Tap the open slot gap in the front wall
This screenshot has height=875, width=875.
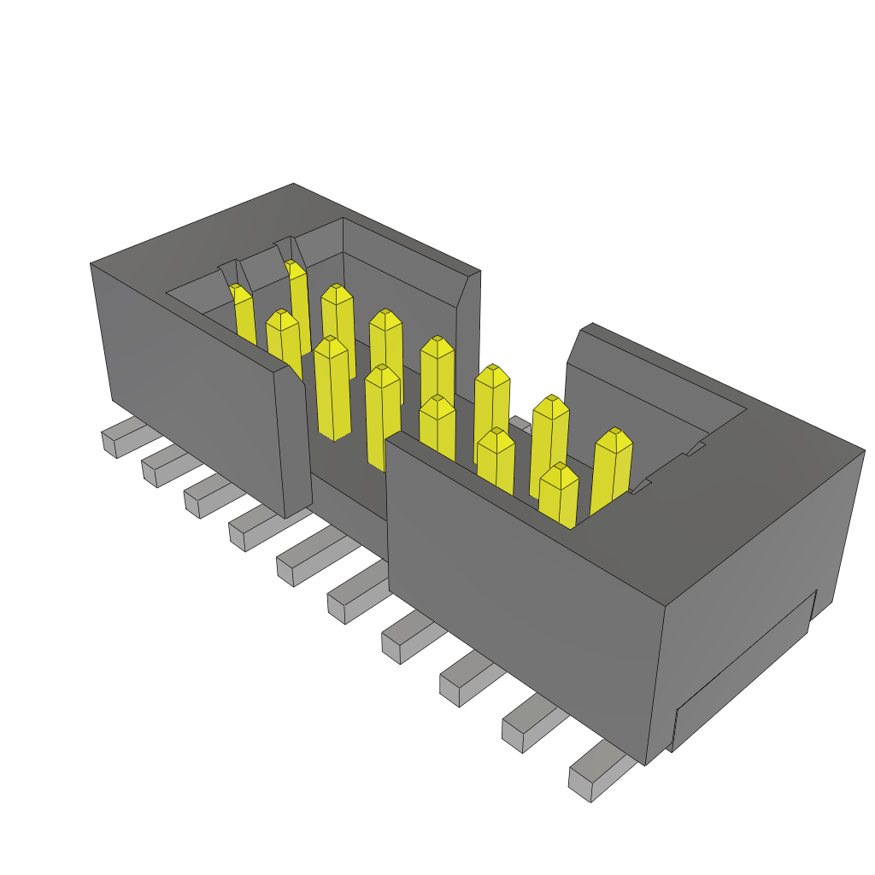pos(346,487)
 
